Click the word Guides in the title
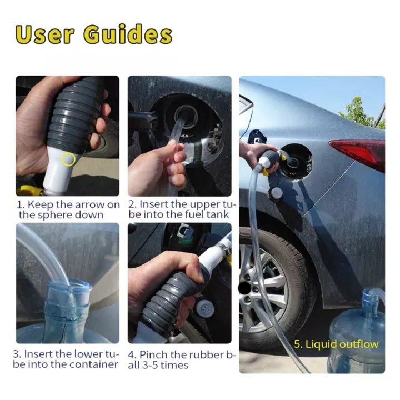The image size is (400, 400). (128, 34)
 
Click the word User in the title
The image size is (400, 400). (45, 34)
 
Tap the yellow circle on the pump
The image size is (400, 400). (68, 159)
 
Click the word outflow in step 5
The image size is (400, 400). (359, 344)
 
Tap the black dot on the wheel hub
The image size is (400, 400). (244, 288)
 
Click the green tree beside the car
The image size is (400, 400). (362, 112)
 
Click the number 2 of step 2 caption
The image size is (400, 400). (132, 204)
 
